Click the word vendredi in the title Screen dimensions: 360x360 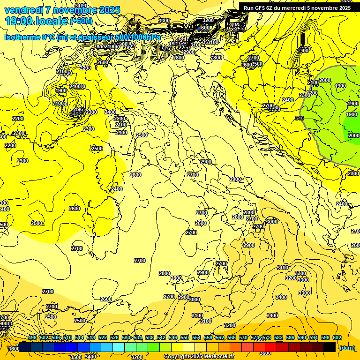point(23,10)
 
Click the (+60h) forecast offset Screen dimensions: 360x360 point(82,21)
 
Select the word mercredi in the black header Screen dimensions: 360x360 point(295,7)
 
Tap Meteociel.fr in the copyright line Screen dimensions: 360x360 point(217,357)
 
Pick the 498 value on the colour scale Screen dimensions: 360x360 point(32,338)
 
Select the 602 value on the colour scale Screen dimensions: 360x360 point(337,338)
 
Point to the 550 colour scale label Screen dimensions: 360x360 point(185,338)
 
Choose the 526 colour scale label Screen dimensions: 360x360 point(114,338)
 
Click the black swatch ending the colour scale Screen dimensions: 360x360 point(330,347)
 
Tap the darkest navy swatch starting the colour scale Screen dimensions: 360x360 point(25,347)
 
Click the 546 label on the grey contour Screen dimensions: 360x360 point(300,118)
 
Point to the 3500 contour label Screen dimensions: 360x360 point(75,357)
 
